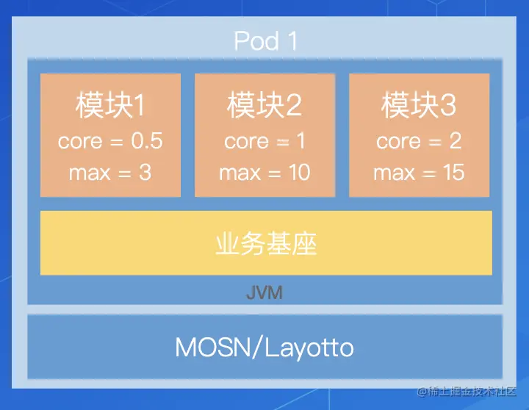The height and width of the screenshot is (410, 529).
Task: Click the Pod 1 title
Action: click(265, 40)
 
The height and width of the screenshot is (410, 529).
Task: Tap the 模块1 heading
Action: click(110, 106)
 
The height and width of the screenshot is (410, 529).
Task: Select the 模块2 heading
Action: click(264, 106)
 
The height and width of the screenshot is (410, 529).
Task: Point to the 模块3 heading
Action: click(419, 106)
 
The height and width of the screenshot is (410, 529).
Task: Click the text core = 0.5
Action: click(110, 140)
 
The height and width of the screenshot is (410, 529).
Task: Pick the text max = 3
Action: click(110, 173)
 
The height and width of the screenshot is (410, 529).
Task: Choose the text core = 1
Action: click(264, 140)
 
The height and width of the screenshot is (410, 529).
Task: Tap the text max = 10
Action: click(264, 173)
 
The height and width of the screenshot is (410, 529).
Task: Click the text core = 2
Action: click(419, 140)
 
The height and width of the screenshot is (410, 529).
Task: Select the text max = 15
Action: click(419, 173)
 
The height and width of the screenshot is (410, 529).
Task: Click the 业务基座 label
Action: click(266, 244)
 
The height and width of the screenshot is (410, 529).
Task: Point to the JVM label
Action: click(264, 293)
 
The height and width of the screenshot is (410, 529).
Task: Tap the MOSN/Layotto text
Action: click(264, 347)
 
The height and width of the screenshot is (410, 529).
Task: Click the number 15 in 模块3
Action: click(453, 173)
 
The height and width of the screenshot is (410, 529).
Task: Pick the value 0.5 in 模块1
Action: click(146, 140)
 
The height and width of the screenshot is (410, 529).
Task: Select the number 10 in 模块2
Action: click(298, 173)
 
